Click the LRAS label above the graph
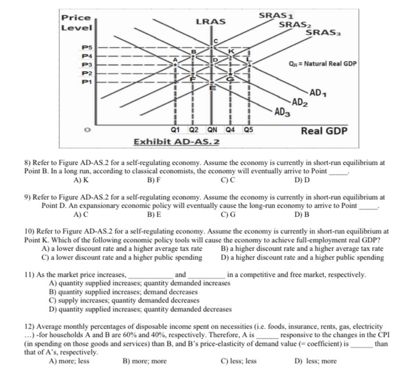click(x=210, y=21)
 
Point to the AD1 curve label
click(x=318, y=92)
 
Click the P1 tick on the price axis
click(x=86, y=82)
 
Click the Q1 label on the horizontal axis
click(x=175, y=129)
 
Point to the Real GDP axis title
click(x=324, y=131)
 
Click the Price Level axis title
click(x=72, y=23)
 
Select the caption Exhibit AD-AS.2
click(x=177, y=142)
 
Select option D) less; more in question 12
click(x=316, y=361)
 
